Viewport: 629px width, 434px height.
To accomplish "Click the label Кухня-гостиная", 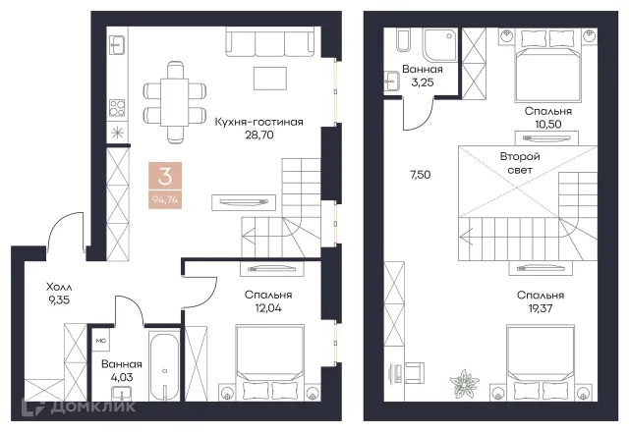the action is click(258, 122).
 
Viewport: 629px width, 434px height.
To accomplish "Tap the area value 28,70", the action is click(259, 136).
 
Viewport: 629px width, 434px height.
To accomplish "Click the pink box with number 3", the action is click(165, 186).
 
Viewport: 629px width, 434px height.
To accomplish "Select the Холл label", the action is click(59, 287).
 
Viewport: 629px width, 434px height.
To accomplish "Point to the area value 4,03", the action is click(122, 377).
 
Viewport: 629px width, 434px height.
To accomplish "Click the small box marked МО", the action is click(101, 341).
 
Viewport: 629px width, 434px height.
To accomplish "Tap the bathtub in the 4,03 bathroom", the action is click(164, 365).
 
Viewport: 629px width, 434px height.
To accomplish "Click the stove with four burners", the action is click(117, 107).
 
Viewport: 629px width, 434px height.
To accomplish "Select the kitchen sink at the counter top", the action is click(117, 45).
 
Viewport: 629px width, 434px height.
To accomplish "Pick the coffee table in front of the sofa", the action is click(270, 79).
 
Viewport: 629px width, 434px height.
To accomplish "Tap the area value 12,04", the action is click(268, 308).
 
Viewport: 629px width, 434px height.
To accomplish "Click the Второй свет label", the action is click(520, 163).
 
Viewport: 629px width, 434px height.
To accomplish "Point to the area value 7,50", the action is click(421, 175).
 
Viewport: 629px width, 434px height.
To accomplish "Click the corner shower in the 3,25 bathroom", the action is click(440, 44).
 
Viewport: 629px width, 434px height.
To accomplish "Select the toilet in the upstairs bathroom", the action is click(404, 40).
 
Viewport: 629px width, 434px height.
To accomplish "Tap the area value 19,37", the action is click(541, 308).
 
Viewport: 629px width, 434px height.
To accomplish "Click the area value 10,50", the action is click(548, 125).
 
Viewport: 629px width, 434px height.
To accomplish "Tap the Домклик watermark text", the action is click(92, 407).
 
